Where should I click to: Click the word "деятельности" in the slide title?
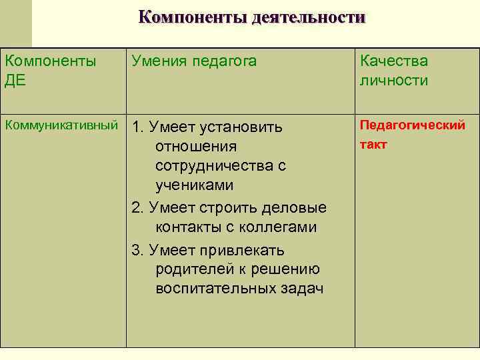pyautogui.click(x=309, y=17)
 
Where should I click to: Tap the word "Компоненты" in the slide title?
pyautogui.click(x=193, y=17)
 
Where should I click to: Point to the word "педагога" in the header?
pyautogui.click(x=225, y=62)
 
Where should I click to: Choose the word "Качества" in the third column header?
pyautogui.click(x=394, y=62)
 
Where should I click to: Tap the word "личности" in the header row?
pyautogui.click(x=393, y=81)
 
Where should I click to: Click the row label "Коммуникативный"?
pyautogui.click(x=61, y=125)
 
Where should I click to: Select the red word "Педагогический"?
pyautogui.click(x=413, y=125)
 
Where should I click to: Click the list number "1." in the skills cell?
pyautogui.click(x=139, y=127)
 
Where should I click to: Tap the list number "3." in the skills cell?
pyautogui.click(x=139, y=250)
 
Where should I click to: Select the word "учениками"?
pyautogui.click(x=194, y=185)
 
